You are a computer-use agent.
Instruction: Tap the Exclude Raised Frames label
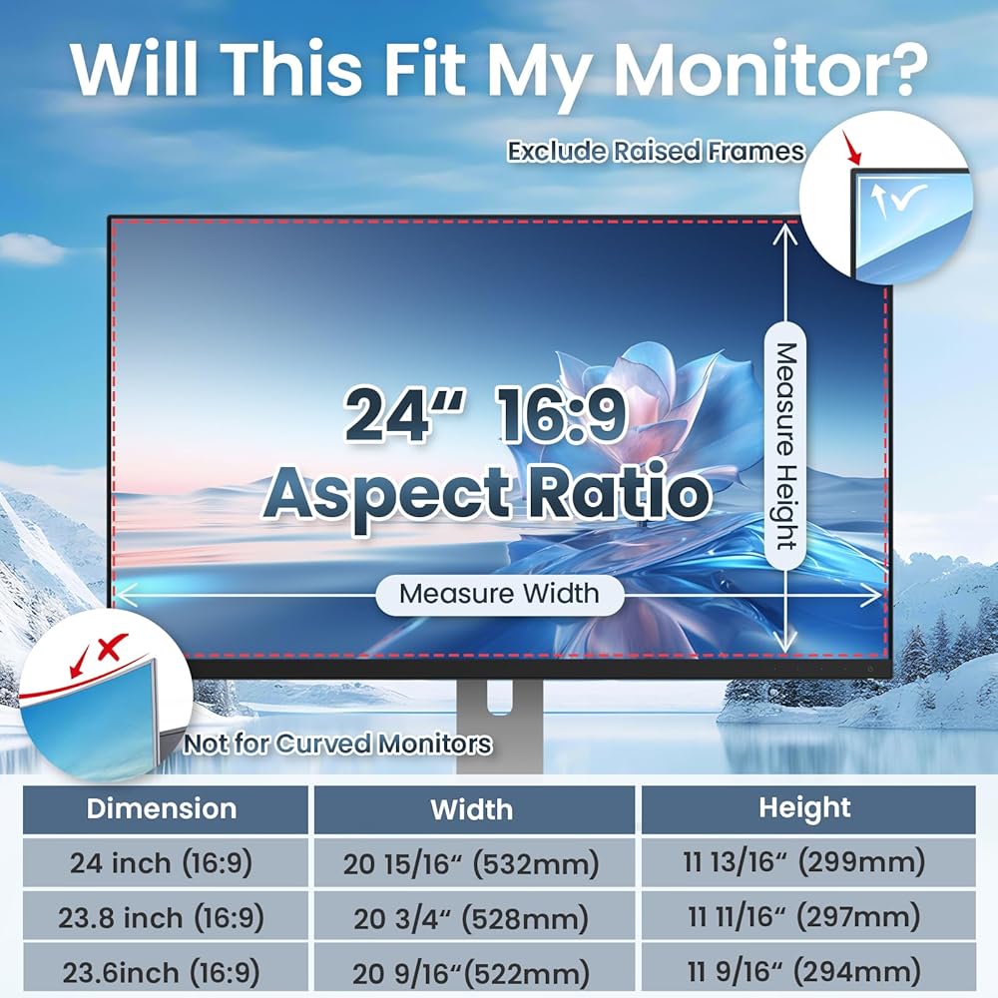(656, 152)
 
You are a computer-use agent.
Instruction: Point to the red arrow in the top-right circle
(851, 148)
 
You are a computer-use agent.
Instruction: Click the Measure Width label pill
(500, 595)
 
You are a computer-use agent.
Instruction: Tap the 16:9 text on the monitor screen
(560, 414)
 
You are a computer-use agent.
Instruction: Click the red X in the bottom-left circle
(112, 647)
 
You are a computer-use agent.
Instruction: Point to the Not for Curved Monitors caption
(338, 744)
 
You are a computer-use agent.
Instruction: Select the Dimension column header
(162, 808)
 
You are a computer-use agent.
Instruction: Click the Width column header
(472, 809)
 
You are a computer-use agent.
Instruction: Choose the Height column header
(804, 807)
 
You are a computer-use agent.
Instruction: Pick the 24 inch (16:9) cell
(162, 863)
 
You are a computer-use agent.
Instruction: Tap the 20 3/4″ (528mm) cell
(472, 918)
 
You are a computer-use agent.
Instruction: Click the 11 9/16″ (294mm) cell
(804, 971)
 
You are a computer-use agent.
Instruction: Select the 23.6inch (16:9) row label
(162, 972)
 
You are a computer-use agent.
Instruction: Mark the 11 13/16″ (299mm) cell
(804, 862)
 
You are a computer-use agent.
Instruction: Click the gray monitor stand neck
(500, 726)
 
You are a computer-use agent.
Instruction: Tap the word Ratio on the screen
(620, 494)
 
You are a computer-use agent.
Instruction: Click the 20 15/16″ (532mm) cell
(472, 863)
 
